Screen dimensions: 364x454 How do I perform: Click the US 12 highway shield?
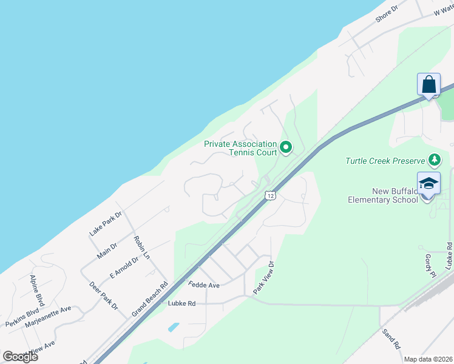tap(271, 195)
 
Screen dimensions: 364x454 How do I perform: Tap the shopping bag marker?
tap(429, 85)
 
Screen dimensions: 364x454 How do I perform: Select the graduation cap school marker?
tap(429, 183)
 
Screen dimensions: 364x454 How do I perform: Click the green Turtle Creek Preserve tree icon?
tap(435, 160)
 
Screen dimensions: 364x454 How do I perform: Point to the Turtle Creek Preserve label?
tap(385, 161)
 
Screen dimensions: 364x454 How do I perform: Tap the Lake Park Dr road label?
tap(106, 223)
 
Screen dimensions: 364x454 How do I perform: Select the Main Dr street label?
tap(106, 249)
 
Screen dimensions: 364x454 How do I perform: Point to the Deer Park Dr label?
tap(103, 295)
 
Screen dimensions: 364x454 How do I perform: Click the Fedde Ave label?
tap(203, 285)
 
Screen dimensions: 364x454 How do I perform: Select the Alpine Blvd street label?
tap(38, 291)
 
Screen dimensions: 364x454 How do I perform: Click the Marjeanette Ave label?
tap(48, 317)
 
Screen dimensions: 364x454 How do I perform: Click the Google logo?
tap(20, 356)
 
